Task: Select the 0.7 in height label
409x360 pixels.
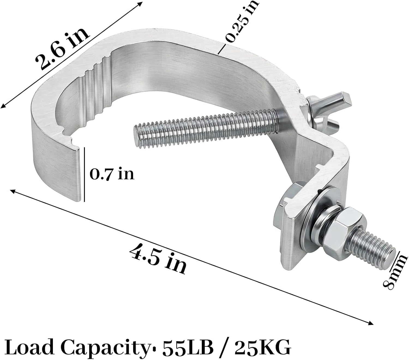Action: (112, 173)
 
